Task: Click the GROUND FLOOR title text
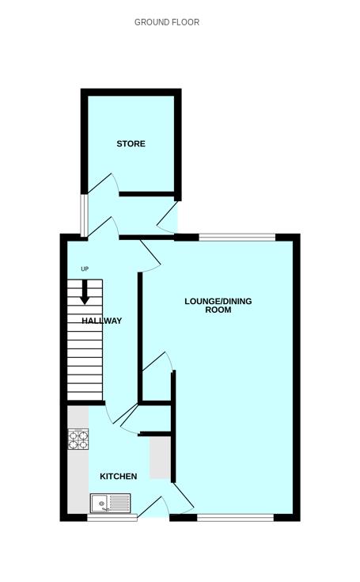(x=167, y=22)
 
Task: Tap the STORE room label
(x=131, y=143)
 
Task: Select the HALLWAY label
(x=101, y=321)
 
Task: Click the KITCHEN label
(x=119, y=476)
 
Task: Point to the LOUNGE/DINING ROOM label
(x=218, y=305)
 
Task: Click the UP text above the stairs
(x=85, y=268)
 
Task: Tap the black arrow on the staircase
(x=85, y=292)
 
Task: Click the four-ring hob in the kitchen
(x=78, y=439)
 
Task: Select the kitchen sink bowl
(x=100, y=504)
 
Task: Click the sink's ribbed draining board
(x=119, y=504)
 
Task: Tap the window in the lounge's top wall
(x=237, y=238)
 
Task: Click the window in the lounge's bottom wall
(x=236, y=517)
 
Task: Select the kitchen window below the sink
(x=112, y=517)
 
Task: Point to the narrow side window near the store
(x=85, y=215)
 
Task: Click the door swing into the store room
(x=104, y=184)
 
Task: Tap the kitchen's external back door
(x=153, y=506)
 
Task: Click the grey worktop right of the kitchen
(x=160, y=458)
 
